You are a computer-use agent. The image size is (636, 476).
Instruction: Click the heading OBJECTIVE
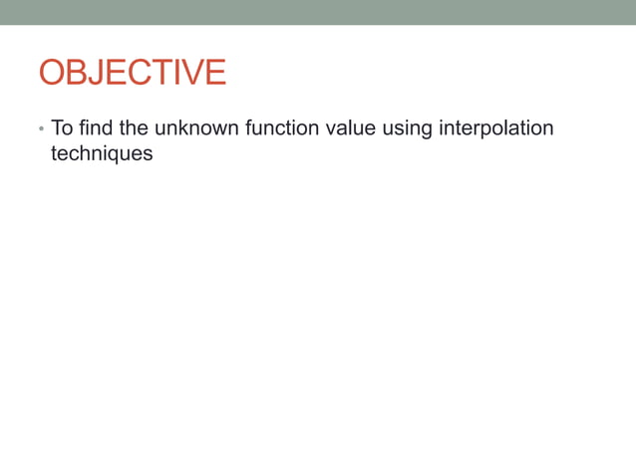click(x=132, y=73)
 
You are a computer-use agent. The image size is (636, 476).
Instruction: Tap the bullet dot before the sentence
click(x=41, y=130)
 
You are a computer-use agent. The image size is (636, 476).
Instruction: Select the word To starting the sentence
click(x=61, y=128)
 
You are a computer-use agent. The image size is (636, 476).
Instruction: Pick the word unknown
click(x=196, y=128)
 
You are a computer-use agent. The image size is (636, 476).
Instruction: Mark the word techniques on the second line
click(x=102, y=154)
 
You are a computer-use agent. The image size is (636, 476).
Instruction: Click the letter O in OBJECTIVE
click(x=52, y=73)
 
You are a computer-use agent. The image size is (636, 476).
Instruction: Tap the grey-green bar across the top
click(x=318, y=12)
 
